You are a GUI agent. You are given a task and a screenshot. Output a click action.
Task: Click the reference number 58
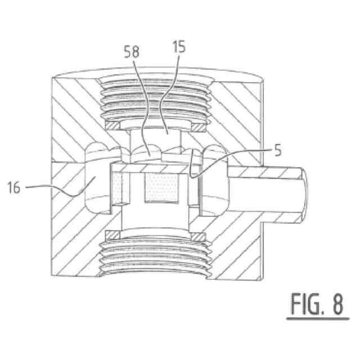click(132, 52)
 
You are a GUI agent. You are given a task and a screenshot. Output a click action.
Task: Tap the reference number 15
click(179, 47)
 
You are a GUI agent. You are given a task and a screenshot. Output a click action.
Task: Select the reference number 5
click(278, 150)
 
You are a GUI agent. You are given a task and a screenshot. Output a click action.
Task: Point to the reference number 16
click(14, 187)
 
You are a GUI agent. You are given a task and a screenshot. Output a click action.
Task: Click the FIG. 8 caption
click(317, 304)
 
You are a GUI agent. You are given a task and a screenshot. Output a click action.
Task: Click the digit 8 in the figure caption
click(338, 304)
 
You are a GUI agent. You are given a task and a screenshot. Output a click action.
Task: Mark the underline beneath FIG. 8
click(318, 319)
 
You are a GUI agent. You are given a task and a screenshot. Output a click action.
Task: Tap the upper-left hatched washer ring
click(112, 126)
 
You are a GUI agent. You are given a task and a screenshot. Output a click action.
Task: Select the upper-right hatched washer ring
click(198, 127)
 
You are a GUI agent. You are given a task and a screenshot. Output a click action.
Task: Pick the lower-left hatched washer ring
click(112, 235)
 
